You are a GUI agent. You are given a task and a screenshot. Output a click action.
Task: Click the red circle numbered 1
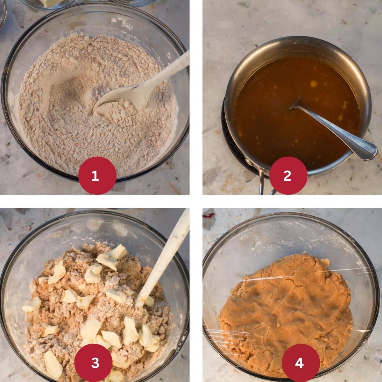(x=95, y=175)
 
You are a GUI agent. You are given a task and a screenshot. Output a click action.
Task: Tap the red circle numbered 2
(x=287, y=175)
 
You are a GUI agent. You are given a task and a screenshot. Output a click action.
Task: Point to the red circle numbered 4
(x=299, y=363)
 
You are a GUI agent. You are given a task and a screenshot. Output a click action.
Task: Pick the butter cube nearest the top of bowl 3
(x=118, y=251)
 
